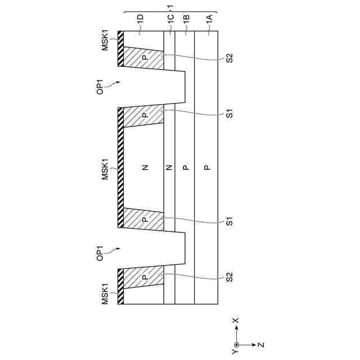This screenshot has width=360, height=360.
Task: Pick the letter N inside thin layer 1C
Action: (169, 167)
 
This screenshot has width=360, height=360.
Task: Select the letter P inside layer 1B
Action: (186, 167)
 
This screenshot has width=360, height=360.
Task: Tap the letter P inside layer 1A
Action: (207, 167)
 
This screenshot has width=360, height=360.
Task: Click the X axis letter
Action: (236, 321)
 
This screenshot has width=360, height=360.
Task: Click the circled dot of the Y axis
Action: (236, 344)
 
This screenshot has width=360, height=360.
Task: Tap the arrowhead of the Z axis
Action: (255, 344)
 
